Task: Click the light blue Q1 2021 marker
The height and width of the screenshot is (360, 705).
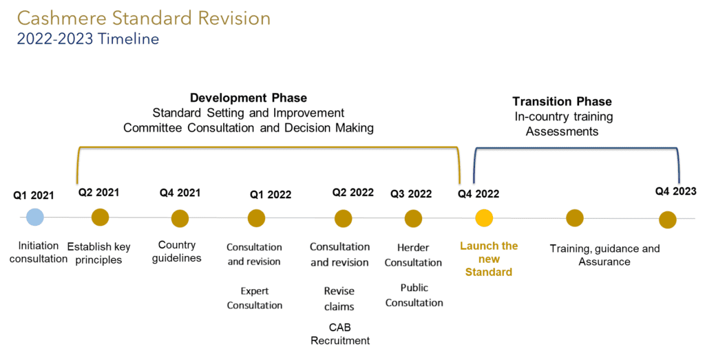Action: point(34,217)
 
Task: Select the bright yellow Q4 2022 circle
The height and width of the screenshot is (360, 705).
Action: point(484,218)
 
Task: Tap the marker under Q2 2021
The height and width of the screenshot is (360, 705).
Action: point(101,217)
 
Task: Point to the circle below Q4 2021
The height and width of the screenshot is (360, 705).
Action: point(180,218)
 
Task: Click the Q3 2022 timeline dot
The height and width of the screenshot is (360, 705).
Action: point(413,219)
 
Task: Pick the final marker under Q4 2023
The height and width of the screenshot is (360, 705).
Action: point(668,220)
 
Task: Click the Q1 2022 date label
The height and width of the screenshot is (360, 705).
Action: point(271,195)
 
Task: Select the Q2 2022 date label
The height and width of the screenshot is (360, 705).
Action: point(353,193)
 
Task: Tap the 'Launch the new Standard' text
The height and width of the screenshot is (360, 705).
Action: point(489,259)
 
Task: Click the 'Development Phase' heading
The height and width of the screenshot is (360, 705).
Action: point(249,98)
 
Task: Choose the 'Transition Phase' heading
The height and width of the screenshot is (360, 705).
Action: point(562,102)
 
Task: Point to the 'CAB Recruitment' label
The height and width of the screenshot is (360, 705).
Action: point(340,334)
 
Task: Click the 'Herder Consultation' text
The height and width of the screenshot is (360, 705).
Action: point(413,255)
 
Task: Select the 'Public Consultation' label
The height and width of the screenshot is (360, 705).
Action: point(414,295)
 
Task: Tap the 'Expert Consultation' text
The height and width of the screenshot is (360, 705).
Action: point(255,298)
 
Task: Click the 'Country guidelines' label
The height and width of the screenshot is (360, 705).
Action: point(177,251)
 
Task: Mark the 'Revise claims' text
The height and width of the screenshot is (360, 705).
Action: point(339,299)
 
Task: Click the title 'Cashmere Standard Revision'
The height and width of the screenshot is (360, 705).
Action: point(144,19)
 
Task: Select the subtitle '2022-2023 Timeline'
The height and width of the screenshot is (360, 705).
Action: point(88,39)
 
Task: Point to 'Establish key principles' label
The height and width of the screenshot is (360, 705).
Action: point(99,253)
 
